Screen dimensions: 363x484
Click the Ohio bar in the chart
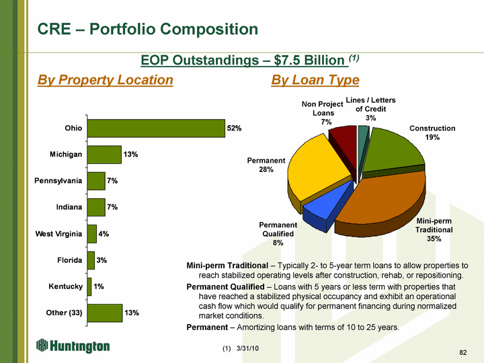click(156, 128)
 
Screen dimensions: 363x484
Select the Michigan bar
click(104, 155)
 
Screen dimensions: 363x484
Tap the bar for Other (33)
click(104, 313)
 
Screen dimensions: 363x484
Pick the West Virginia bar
click(92, 234)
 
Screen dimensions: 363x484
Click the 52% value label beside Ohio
click(234, 128)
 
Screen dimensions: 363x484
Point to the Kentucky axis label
click(66, 287)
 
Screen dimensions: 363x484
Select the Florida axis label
click(69, 260)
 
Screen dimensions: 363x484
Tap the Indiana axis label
click(68, 207)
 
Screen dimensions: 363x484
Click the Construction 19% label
click(432, 132)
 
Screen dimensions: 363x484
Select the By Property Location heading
click(105, 81)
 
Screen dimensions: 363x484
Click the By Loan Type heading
click(315, 81)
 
